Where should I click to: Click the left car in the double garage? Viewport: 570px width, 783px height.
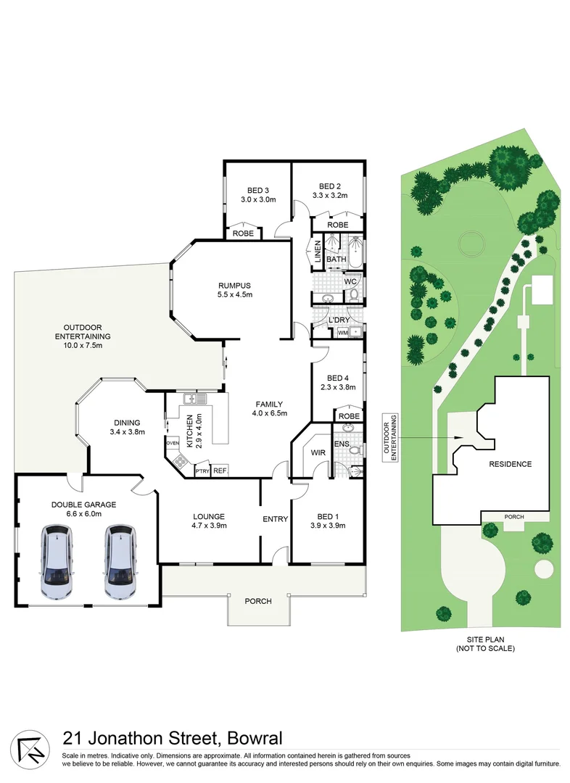pyautogui.click(x=57, y=562)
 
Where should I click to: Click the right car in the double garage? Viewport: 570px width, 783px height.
pyautogui.click(x=120, y=562)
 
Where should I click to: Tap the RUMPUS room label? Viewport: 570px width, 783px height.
pyautogui.click(x=234, y=285)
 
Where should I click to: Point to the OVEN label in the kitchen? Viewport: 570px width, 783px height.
pyautogui.click(x=172, y=442)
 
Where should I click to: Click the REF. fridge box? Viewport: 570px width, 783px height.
pyautogui.click(x=220, y=471)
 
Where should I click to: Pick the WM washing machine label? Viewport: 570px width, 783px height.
pyautogui.click(x=342, y=332)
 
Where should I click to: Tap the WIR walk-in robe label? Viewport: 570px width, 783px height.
pyautogui.click(x=317, y=453)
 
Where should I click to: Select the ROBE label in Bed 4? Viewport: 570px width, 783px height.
pyautogui.click(x=349, y=417)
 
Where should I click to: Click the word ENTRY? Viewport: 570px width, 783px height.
pyautogui.click(x=275, y=519)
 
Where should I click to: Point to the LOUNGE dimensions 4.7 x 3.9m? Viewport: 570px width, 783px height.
pyautogui.click(x=209, y=526)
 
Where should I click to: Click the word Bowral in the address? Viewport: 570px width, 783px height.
pyautogui.click(x=252, y=739)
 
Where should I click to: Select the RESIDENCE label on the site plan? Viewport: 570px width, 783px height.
pyautogui.click(x=510, y=464)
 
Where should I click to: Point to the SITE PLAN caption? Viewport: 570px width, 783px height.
pyautogui.click(x=485, y=639)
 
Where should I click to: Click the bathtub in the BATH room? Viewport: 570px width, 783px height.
pyautogui.click(x=356, y=254)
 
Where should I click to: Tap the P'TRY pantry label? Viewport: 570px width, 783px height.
pyautogui.click(x=202, y=472)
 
